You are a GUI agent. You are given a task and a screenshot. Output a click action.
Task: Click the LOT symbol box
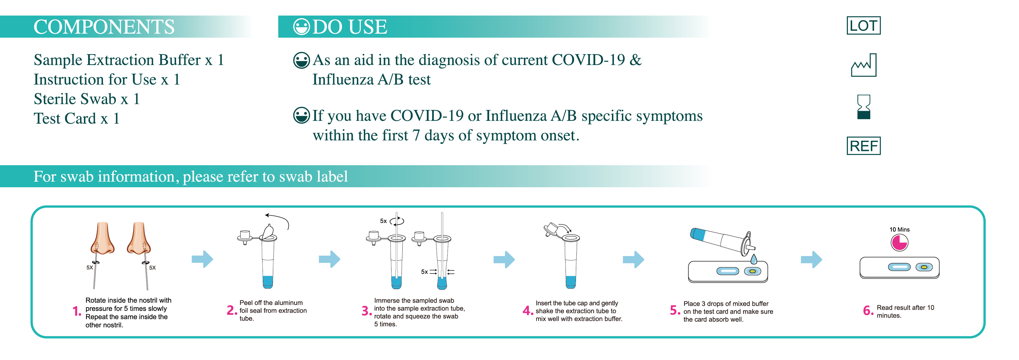click(x=864, y=26)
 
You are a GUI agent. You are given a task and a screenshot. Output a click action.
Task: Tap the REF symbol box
click(x=864, y=146)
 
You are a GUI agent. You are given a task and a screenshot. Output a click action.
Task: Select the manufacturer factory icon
click(x=864, y=65)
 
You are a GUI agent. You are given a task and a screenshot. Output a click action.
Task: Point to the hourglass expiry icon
click(x=864, y=107)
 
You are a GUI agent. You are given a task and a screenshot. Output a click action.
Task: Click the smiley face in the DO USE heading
click(x=301, y=27)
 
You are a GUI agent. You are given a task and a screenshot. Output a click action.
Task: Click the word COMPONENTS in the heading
click(x=104, y=27)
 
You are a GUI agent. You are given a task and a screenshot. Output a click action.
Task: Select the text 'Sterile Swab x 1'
click(x=86, y=99)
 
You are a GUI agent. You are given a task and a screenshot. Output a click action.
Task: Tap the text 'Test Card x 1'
click(x=76, y=119)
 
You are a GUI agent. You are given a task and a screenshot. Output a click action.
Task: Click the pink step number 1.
click(x=77, y=311)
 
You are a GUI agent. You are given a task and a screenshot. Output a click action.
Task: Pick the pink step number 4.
click(x=528, y=311)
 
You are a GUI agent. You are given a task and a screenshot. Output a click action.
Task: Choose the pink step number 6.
click(x=868, y=311)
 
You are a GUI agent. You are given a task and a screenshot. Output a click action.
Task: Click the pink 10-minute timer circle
click(x=899, y=243)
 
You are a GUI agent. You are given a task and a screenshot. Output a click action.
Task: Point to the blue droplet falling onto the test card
click(x=754, y=259)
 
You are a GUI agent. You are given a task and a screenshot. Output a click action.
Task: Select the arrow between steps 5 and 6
click(x=811, y=260)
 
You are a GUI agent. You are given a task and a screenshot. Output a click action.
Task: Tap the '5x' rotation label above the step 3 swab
click(x=383, y=221)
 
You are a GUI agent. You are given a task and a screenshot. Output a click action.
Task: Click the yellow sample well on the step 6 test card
click(x=924, y=267)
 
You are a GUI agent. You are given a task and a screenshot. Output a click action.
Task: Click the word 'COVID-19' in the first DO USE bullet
click(x=588, y=60)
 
